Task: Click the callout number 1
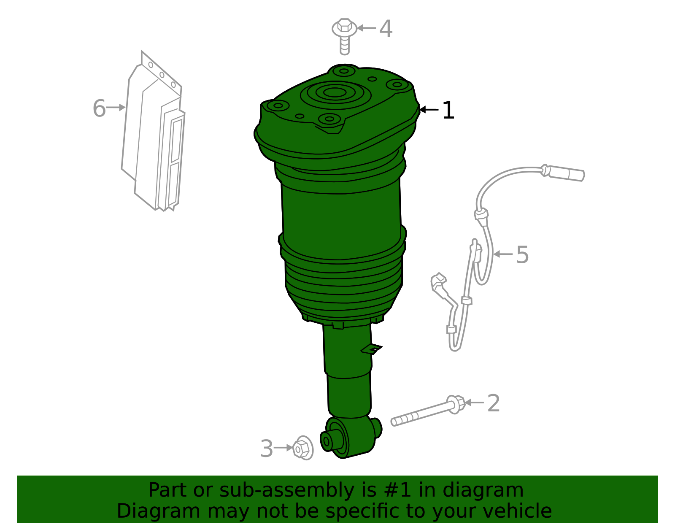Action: [x=448, y=111]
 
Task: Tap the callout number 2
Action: [x=493, y=403]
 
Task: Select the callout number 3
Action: [x=267, y=449]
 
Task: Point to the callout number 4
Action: [x=386, y=29]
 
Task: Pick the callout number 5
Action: [x=522, y=255]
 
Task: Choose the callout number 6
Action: [x=99, y=108]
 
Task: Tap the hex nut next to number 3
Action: [x=302, y=448]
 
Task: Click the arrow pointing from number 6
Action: [x=116, y=108]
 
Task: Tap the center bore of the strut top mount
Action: [x=335, y=93]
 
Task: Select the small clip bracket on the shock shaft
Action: [x=372, y=349]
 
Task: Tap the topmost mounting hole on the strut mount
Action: [x=344, y=71]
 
